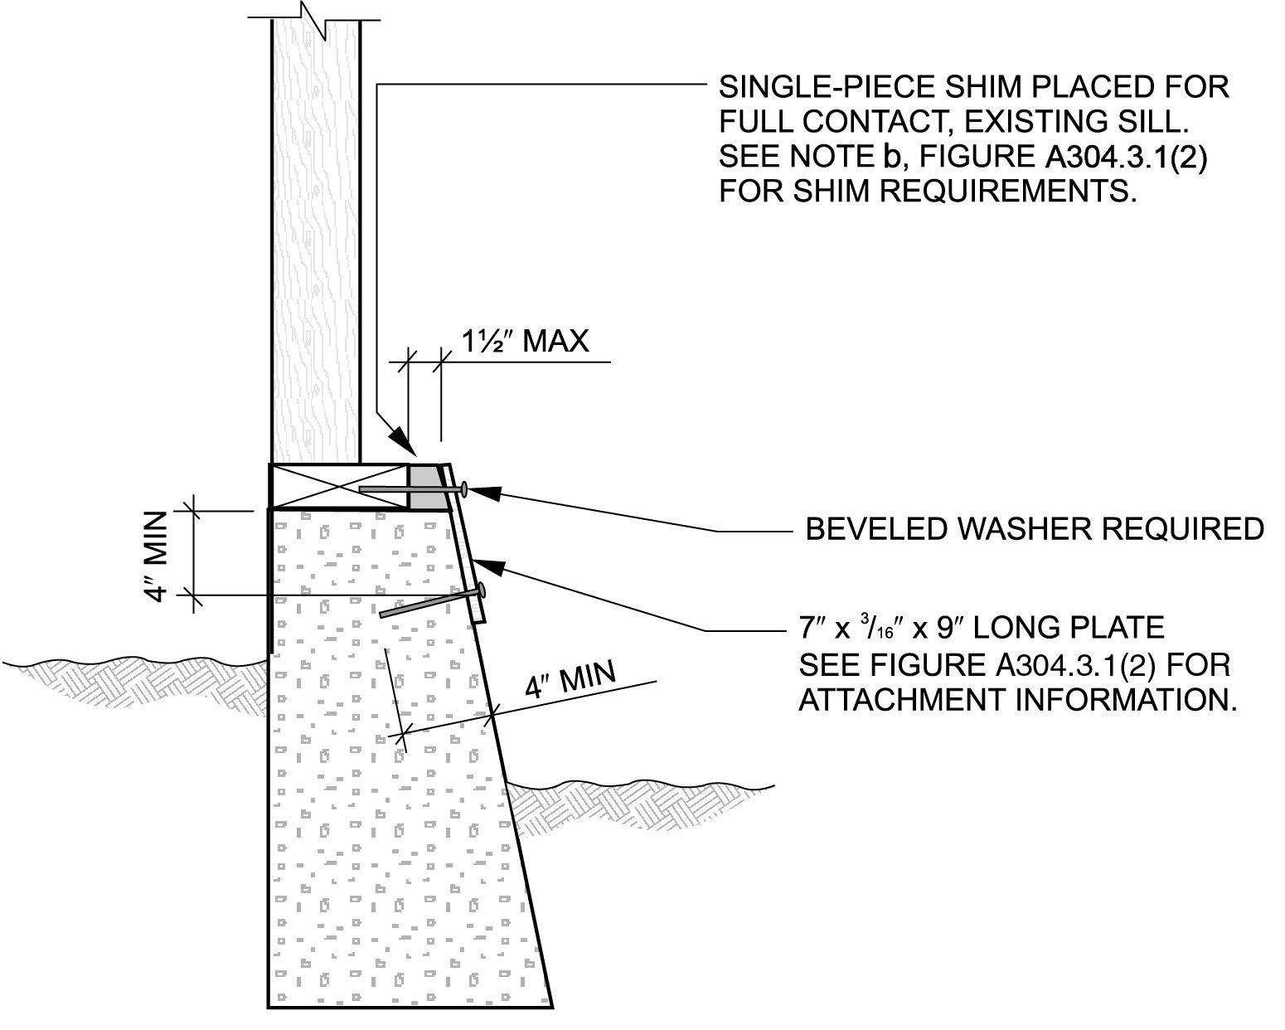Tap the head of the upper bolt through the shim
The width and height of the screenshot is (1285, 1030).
465,489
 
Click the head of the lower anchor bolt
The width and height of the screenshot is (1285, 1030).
480,590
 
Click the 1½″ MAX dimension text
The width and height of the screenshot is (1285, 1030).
524,341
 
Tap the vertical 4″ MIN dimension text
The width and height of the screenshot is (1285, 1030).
157,556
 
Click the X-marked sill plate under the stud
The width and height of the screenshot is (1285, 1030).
340,486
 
